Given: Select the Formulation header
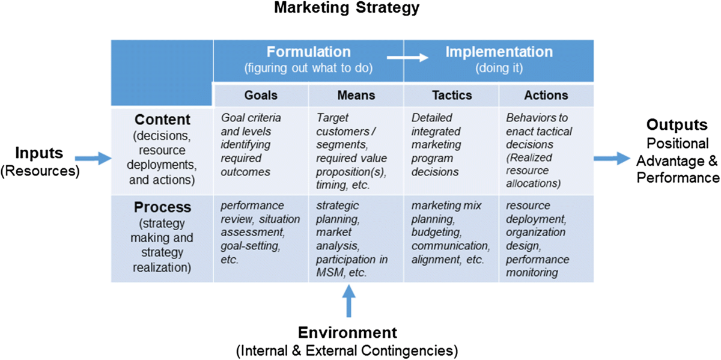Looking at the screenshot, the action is point(308,52).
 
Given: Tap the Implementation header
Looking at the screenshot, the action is point(499,52).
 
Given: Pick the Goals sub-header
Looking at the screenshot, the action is point(260,96).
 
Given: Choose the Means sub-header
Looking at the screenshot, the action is point(356,96).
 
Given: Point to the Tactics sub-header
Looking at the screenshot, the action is point(452,96).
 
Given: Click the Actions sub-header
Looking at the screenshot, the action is point(546,96).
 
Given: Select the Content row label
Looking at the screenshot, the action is point(162,118).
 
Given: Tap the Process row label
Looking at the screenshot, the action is point(162,207).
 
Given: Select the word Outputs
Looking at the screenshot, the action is point(672,126).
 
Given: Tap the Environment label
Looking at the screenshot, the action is point(348,332).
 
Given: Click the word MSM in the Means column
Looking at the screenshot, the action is point(329,272).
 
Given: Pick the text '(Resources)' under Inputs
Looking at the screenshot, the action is point(40,170).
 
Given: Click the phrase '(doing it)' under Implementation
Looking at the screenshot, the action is point(499,69).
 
